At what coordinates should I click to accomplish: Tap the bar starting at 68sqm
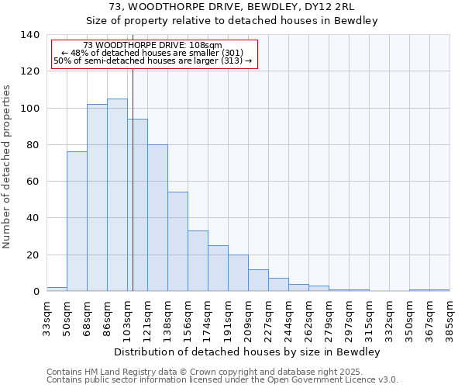pyautogui.click(x=97, y=198)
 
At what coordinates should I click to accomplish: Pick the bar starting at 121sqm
pyautogui.click(x=157, y=218)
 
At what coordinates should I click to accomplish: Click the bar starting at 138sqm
pyautogui.click(x=177, y=241)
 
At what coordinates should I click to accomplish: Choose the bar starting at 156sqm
pyautogui.click(x=198, y=261)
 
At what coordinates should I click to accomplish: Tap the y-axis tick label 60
pyautogui.click(x=33, y=182)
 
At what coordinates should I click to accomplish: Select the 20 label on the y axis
pyautogui.click(x=33, y=255)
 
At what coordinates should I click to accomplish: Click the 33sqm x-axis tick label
pyautogui.click(x=46, y=318)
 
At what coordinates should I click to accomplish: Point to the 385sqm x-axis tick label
pyautogui.click(x=449, y=318)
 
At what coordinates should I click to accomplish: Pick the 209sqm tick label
pyautogui.click(x=248, y=318)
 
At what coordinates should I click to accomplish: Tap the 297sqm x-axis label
pyautogui.click(x=349, y=318)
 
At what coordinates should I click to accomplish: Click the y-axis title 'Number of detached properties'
pyautogui.click(x=7, y=167)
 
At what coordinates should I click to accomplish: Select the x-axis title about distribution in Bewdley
pyautogui.click(x=248, y=352)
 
